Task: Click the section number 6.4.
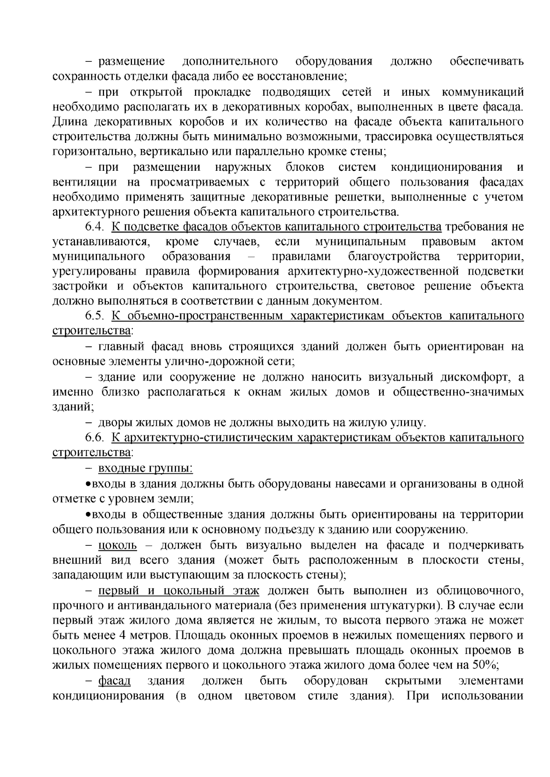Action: [95, 227]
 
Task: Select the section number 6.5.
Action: [95, 316]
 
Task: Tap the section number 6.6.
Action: [95, 438]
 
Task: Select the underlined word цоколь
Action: [117, 545]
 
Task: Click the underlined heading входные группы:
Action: [145, 468]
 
